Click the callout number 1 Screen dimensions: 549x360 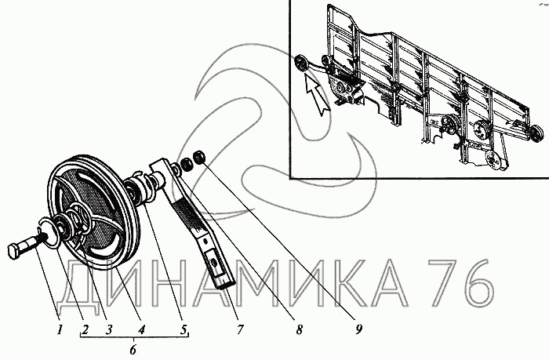[60, 329]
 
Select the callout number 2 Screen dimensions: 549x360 [85, 329]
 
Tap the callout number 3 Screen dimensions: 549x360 [108, 329]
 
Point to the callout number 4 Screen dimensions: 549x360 [140, 329]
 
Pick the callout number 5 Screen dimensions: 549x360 [184, 329]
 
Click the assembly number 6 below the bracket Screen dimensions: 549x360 [133, 350]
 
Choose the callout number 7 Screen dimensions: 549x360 [240, 329]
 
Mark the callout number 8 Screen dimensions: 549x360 [299, 329]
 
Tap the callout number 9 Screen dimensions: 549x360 [358, 329]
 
